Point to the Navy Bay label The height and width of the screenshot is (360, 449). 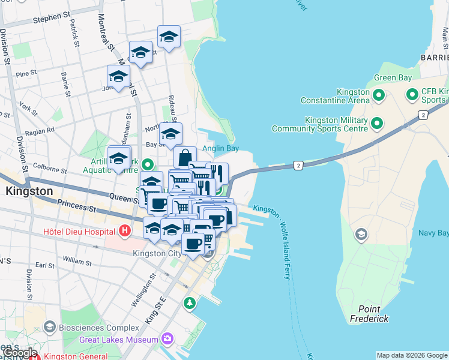point(432,232)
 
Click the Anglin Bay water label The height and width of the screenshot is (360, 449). point(220,148)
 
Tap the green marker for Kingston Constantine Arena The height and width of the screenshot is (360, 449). point(379,95)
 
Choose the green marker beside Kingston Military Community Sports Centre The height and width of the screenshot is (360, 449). point(377,124)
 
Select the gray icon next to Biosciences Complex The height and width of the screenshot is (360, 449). point(49,328)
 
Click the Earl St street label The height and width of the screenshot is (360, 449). point(45,265)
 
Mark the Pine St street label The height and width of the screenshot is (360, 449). point(27,74)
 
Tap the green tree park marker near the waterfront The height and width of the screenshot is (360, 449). point(190,303)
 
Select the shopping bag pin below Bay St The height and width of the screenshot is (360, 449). point(185,157)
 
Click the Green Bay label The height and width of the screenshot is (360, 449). point(393,78)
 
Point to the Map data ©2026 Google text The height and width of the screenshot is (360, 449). point(412,355)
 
